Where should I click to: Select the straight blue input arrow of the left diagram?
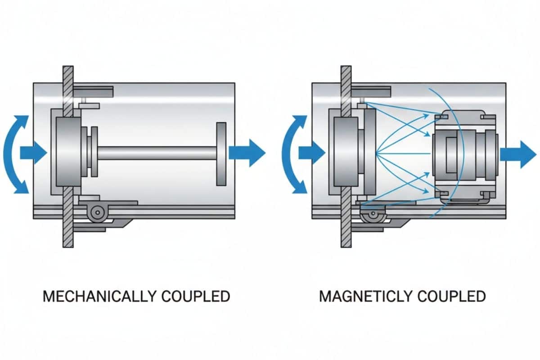point(33,154)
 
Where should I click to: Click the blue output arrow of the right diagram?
point(517,154)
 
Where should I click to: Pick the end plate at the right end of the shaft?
point(221,153)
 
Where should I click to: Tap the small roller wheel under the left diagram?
point(96,212)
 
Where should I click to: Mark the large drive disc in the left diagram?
point(70,153)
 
